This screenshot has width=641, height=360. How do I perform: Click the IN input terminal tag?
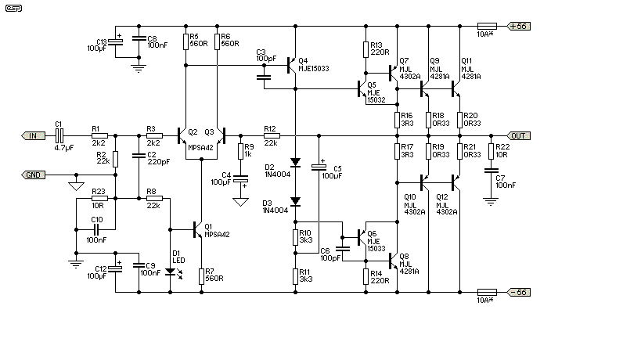tap(33, 135)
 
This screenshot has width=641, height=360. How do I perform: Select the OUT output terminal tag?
tap(518, 135)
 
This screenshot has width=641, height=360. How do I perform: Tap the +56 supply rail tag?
tap(518, 26)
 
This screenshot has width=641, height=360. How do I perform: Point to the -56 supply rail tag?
tap(518, 292)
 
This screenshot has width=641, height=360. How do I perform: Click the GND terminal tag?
tap(33, 175)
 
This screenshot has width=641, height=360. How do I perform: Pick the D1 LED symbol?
tap(171, 272)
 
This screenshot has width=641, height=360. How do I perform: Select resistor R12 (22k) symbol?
tap(272, 135)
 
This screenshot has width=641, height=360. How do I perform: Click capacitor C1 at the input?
tap(59, 135)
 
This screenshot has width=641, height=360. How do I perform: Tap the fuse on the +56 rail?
tap(487, 26)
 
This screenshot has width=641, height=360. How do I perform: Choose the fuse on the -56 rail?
tap(487, 292)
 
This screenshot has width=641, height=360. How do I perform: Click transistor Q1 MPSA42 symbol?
tap(197, 229)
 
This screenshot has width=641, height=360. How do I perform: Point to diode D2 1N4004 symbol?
tap(295, 163)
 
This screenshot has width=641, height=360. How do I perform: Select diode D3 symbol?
tap(295, 201)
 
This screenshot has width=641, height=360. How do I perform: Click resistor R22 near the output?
tap(491, 151)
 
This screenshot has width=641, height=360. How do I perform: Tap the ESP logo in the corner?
tap(13, 8)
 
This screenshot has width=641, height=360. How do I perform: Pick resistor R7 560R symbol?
tap(202, 276)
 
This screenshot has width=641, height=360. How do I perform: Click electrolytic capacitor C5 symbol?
tap(319, 167)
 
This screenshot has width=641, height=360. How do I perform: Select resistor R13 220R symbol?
tap(366, 49)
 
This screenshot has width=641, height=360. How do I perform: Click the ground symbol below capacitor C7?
tap(491, 201)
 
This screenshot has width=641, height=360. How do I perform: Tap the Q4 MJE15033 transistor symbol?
tap(291, 66)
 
